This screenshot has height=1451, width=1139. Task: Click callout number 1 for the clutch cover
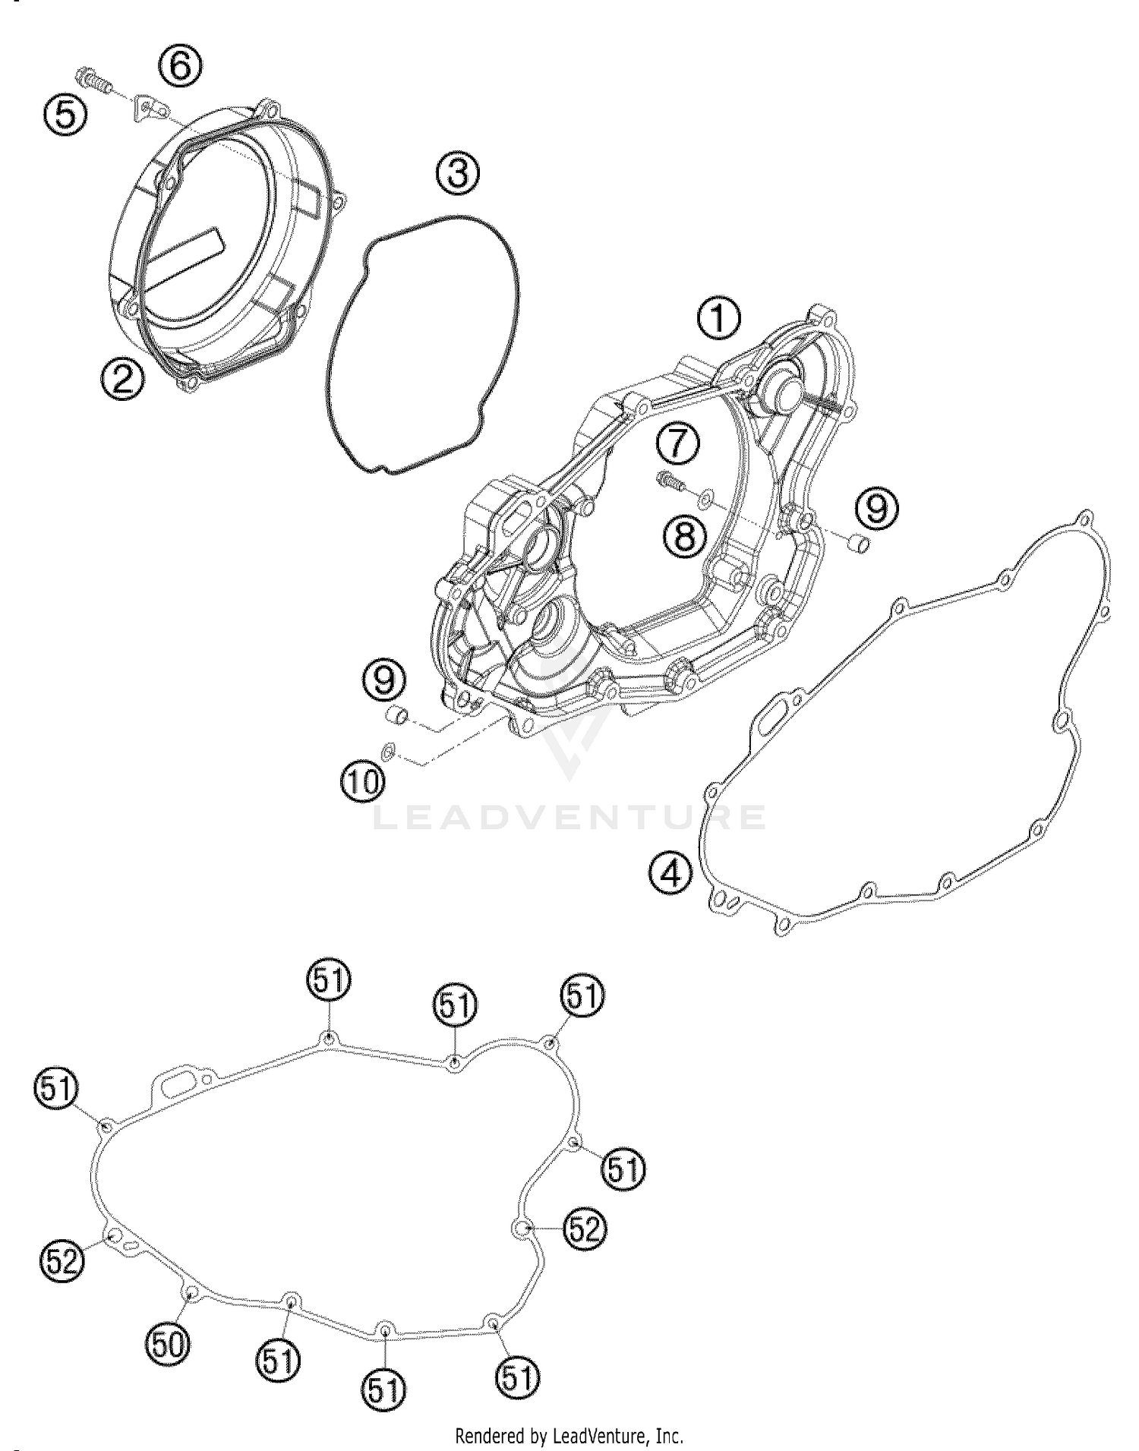click(x=718, y=319)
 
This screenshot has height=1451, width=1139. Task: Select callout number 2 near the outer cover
click(x=122, y=377)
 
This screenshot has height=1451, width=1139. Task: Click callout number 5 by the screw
click(x=65, y=116)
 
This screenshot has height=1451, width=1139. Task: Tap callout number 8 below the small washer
click(x=684, y=537)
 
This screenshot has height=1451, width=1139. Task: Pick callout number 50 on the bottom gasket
click(x=166, y=1346)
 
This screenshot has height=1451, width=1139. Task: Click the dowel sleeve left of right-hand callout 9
click(x=857, y=544)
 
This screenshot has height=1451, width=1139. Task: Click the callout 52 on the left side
click(x=62, y=1261)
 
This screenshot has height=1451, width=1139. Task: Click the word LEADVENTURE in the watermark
click(x=569, y=817)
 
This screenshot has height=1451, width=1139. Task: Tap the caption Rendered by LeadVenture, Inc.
click(x=569, y=1436)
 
